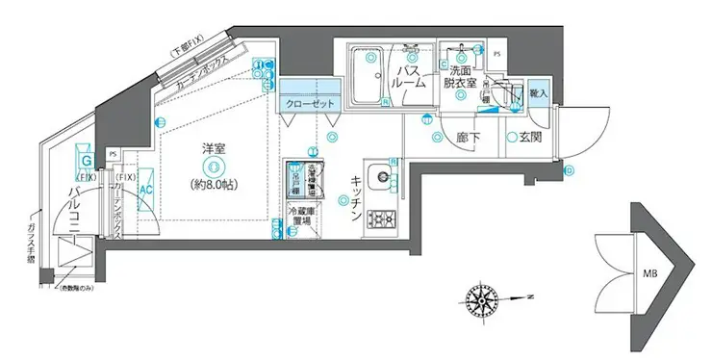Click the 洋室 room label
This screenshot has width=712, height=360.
click(x=213, y=149)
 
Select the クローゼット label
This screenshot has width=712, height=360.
click(x=308, y=103)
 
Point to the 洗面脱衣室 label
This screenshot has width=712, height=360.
click(x=459, y=77)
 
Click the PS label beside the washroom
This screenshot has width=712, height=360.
click(x=496, y=53)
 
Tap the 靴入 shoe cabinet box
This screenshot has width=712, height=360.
click(x=539, y=93)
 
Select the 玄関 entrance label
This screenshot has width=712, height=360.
click(x=531, y=138)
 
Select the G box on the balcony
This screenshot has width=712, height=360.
click(x=86, y=161)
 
